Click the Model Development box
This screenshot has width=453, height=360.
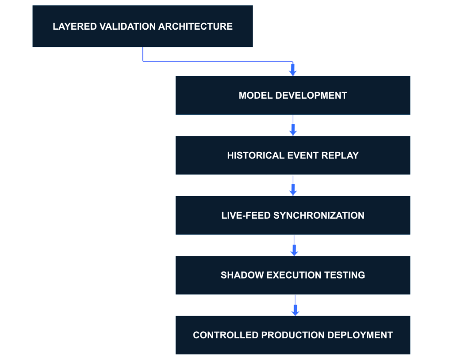292,95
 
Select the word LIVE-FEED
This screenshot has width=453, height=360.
246,216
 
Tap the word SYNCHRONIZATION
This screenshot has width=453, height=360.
319,216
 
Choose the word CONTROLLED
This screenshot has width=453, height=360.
226,335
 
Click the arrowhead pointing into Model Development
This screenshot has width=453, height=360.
292,70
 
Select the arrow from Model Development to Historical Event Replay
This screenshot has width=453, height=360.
292,126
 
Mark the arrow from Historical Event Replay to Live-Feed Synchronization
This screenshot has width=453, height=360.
293,186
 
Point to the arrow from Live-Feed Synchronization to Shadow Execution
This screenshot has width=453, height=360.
294,246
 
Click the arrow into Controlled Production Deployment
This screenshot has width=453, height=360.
296,306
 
